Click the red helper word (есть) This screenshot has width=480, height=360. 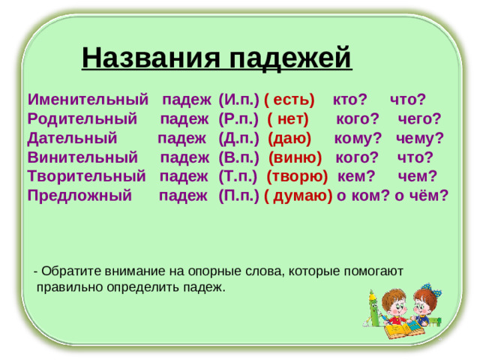coord(289,100)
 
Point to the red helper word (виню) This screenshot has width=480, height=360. coord(295,157)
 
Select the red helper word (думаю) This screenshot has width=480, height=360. coord(298,196)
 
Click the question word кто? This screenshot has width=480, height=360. coord(349,100)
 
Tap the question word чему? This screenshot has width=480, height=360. coord(420,139)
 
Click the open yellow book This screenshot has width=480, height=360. coord(405,330)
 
